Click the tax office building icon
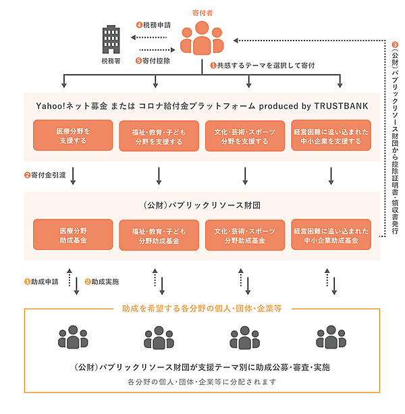pos(110,42)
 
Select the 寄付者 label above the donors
pos(202,11)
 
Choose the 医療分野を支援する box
pos(73,136)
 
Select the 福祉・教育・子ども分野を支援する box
pos(159,136)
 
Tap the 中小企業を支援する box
pos(331,136)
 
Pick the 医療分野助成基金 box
pos(73,235)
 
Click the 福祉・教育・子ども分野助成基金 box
pos(159,235)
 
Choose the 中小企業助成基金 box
pos(331,235)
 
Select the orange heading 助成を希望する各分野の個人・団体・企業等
pos(202,308)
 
